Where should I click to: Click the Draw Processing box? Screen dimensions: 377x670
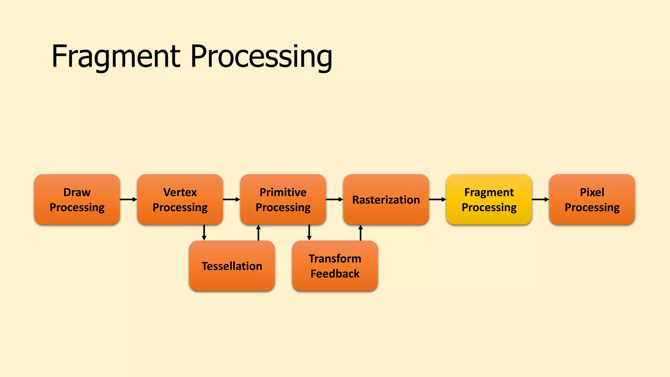(77, 199)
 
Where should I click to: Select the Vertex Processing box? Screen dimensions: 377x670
(180, 199)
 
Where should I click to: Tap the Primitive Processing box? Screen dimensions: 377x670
(283, 199)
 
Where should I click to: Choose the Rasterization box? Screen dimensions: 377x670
(386, 199)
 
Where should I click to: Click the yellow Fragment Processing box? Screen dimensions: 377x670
(489, 199)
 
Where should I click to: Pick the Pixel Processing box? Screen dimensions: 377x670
(592, 199)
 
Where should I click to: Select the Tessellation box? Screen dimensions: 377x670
(232, 266)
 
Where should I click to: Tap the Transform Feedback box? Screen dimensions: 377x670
(335, 266)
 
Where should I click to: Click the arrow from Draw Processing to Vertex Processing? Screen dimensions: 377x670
(128, 199)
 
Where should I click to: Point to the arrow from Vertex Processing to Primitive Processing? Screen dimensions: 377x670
(231, 199)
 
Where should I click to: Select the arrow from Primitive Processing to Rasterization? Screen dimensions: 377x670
(334, 199)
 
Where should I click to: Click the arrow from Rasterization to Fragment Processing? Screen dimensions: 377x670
(437, 199)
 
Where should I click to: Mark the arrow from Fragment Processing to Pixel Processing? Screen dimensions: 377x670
(540, 199)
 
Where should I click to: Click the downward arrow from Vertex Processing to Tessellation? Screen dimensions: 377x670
(204, 233)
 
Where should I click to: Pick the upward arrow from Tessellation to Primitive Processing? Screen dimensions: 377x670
(258, 233)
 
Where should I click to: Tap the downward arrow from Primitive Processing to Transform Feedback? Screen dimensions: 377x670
(309, 233)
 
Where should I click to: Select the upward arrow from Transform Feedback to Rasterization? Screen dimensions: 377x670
(361, 233)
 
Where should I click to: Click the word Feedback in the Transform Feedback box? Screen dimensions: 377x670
(335, 274)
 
